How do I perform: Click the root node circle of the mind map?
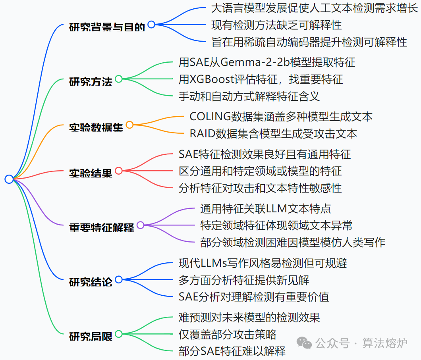click(9, 179)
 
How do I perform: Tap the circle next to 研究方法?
click(118, 79)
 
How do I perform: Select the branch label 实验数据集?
click(96, 127)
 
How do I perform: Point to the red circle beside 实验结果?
click(118, 171)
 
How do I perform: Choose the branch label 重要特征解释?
click(101, 227)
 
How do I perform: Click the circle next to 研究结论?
click(118, 279)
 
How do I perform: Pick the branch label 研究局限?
click(91, 336)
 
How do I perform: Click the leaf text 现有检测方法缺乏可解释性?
click(276, 25)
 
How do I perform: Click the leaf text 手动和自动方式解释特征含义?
click(249, 96)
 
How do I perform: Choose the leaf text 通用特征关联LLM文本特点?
click(265, 208)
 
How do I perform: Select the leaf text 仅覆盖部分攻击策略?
click(227, 334)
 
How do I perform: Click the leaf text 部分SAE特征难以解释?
click(232, 351)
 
